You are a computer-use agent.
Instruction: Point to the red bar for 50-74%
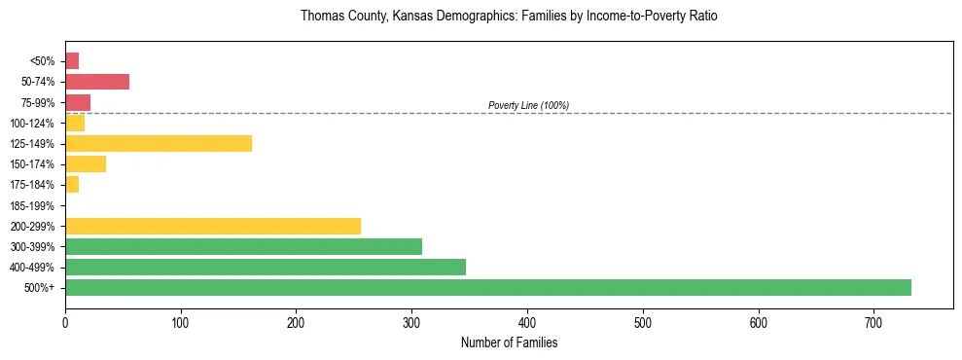point(97,82)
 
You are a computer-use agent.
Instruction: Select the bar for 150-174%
point(86,163)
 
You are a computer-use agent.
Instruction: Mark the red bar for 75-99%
point(78,102)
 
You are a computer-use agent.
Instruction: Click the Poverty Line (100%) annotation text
point(528,105)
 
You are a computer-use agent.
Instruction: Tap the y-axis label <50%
point(43,61)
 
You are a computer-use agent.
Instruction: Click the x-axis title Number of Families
point(509,342)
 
